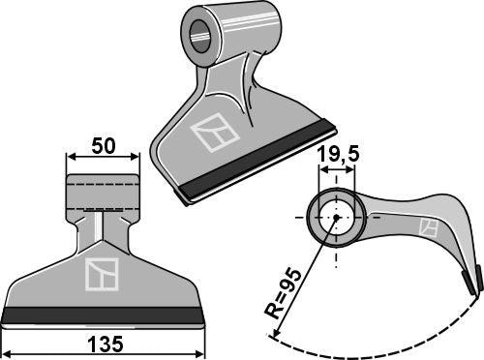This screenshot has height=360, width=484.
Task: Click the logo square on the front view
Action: coord(101,274)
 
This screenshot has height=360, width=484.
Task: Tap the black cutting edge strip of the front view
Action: coord(105,315)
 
